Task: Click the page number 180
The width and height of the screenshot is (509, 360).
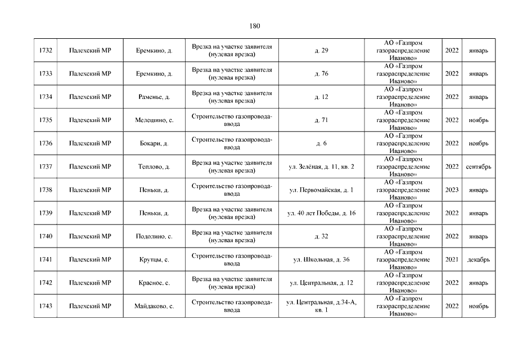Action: click(254, 26)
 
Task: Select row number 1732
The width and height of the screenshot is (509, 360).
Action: click(46, 51)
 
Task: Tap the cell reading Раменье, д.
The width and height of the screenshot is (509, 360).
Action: click(154, 97)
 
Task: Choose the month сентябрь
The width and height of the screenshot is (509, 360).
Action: click(479, 166)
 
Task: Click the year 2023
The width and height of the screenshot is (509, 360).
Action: click(452, 190)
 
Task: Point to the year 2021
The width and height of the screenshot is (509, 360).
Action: click(452, 260)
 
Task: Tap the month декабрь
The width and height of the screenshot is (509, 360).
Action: click(479, 260)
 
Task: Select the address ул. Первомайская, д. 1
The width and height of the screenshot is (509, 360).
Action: click(321, 190)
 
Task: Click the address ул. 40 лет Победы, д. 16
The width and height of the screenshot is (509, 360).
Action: click(321, 213)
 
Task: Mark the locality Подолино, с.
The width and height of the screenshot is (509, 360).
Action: click(154, 236)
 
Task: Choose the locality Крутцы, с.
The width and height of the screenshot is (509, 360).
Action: click(154, 260)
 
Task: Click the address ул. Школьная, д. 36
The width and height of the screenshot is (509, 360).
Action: click(321, 260)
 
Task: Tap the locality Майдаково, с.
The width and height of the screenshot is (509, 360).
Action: click(154, 306)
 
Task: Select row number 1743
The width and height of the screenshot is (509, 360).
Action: click(46, 306)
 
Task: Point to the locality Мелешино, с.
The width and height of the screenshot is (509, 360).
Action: click(154, 120)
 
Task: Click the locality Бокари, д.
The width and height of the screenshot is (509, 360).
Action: click(154, 143)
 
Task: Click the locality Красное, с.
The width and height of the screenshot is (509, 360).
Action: click(154, 283)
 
